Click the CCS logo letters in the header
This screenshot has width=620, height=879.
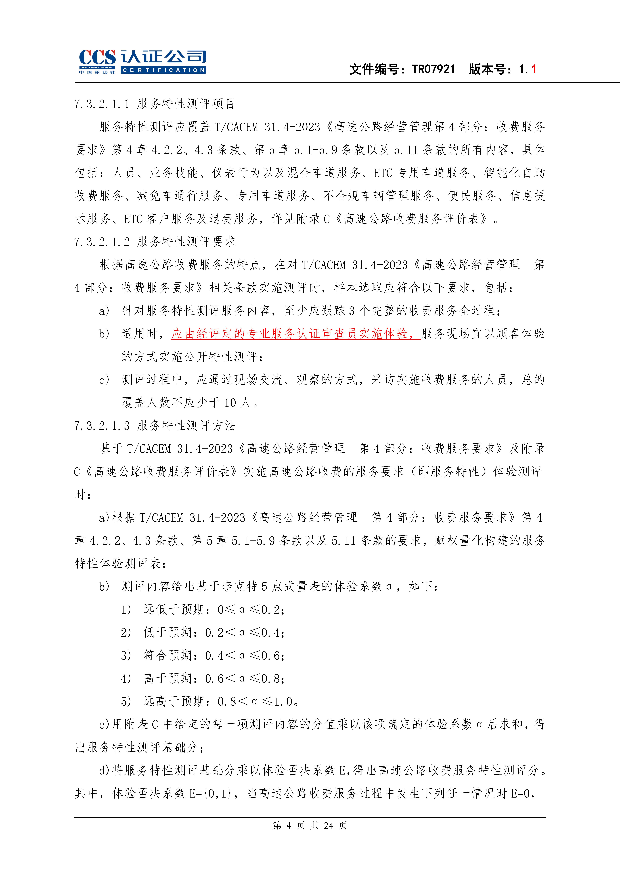tap(97, 57)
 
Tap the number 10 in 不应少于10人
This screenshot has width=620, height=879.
tap(230, 403)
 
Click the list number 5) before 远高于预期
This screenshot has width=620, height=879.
tap(126, 701)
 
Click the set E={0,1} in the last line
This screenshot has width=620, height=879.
tap(210, 793)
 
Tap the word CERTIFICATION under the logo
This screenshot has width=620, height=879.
tap(163, 70)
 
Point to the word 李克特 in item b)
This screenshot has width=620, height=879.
tap(239, 587)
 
